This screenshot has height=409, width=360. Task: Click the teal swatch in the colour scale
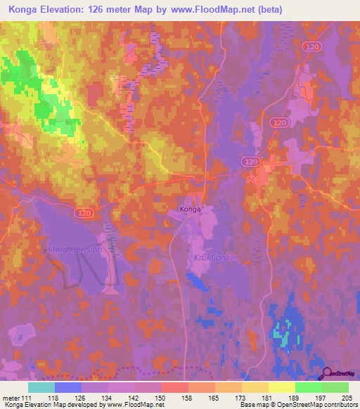click(x=41, y=387)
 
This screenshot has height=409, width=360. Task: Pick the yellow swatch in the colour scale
click(x=281, y=387)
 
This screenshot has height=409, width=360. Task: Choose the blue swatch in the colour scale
click(x=68, y=387)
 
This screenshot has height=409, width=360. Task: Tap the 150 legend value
click(x=162, y=398)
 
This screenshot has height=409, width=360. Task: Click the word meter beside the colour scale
click(x=11, y=398)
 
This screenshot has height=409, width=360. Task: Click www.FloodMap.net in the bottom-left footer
click(x=134, y=405)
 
